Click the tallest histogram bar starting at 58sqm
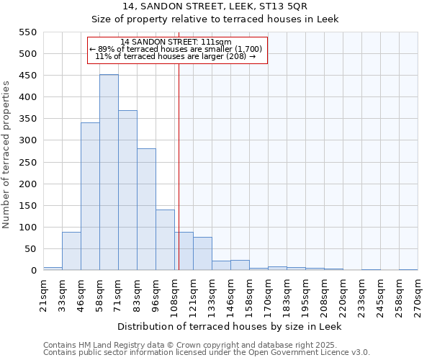coord(109,173)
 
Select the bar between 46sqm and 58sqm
coord(90,197)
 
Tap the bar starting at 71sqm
coord(127,191)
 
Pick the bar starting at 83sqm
coord(146,210)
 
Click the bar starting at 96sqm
coord(165,240)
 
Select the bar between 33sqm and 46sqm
coord(71,251)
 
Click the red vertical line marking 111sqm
coord(179,166)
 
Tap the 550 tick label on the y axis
coord(27,32)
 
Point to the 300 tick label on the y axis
coord(27,140)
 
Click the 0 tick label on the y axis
coord(33,271)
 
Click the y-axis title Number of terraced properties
coord(6,155)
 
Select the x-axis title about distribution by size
coord(229,326)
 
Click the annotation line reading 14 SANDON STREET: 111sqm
coord(176,42)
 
